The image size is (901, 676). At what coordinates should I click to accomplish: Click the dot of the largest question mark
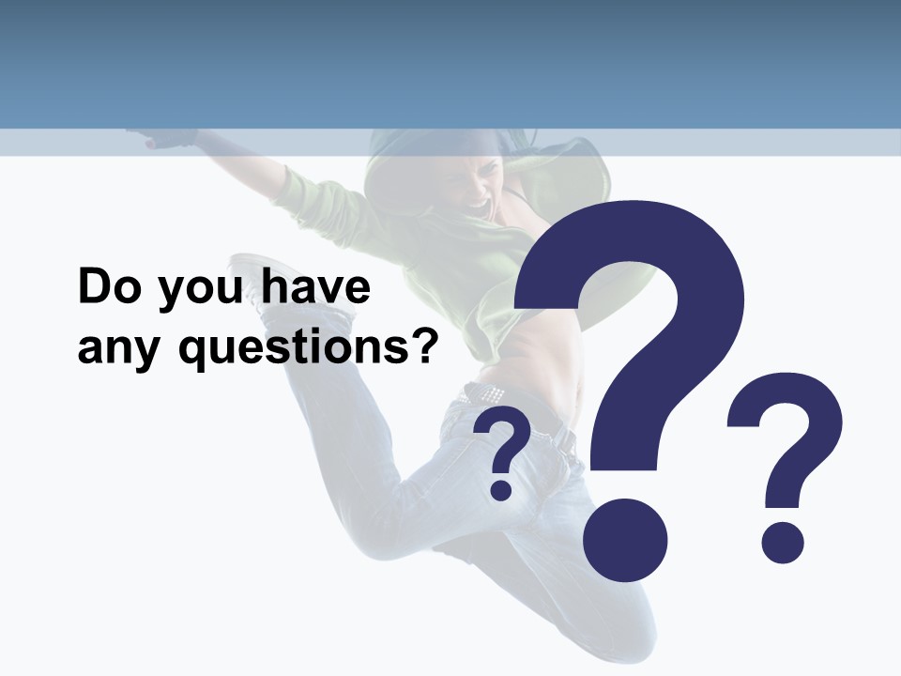625,540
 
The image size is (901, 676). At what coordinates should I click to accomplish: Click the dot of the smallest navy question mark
502,489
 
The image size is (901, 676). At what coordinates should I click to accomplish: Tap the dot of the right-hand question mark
782,543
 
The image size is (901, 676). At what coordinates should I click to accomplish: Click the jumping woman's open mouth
481,203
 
